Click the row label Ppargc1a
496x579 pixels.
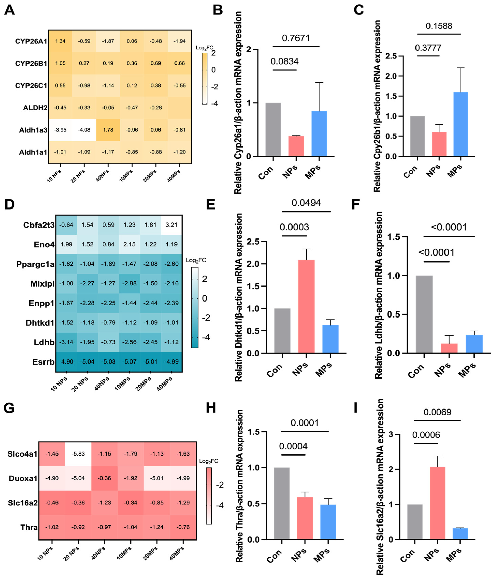pos(35,264)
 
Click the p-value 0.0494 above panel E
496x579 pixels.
pos(306,203)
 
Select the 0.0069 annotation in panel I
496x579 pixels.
pos(437,412)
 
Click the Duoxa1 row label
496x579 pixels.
pos(23,478)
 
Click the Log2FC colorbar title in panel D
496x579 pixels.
pos(196,260)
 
